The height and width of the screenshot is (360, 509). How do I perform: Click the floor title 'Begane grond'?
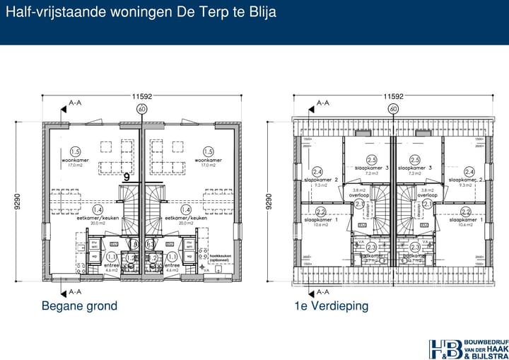click(79, 306)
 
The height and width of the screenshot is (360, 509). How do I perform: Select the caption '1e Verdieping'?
click(332, 306)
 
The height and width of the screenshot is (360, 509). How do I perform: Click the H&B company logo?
click(466, 349)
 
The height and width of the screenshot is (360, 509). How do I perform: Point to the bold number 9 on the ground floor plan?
click(127, 178)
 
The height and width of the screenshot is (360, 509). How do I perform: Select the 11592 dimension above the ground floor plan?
click(141, 96)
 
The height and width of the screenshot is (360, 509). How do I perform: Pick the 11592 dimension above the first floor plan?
click(393, 96)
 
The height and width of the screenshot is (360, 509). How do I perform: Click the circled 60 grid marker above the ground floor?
click(141, 109)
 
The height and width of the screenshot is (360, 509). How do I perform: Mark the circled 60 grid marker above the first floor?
click(393, 109)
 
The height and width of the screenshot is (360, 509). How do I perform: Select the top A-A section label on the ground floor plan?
click(75, 103)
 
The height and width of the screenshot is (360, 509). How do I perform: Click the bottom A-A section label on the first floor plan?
click(322, 291)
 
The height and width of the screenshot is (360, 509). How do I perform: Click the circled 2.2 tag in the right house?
click(466, 211)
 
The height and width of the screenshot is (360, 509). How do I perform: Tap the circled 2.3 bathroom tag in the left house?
click(372, 247)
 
